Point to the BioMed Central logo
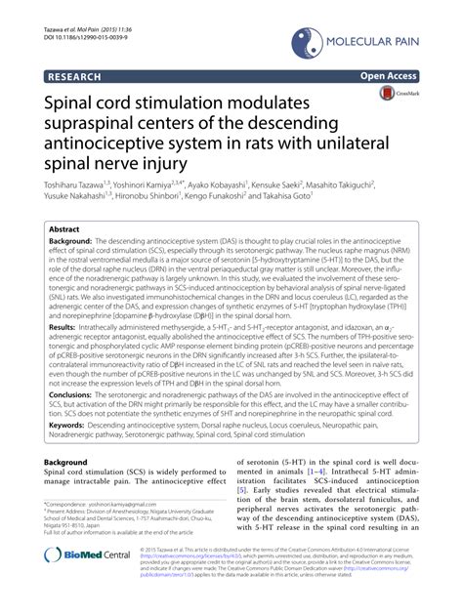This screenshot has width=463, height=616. (89, 582)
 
